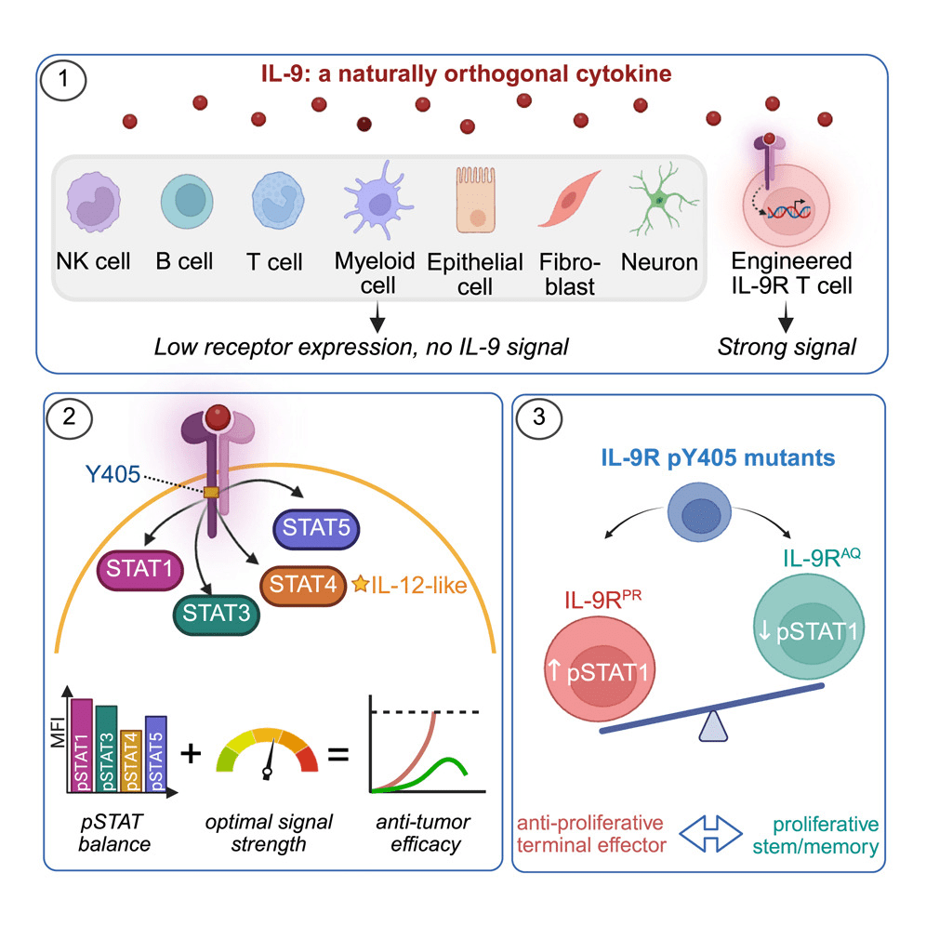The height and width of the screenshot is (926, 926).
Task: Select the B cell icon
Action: pyautogui.click(x=189, y=203)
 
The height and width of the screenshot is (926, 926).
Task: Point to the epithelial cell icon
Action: pyautogui.click(x=474, y=199)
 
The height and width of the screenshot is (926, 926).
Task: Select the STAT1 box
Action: pyautogui.click(x=138, y=567)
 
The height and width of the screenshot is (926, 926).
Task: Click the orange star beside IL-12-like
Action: pyautogui.click(x=359, y=584)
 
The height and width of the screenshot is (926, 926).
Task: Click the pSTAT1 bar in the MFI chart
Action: pyautogui.click(x=81, y=745)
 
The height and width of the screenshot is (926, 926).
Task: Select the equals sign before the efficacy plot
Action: pyautogui.click(x=338, y=751)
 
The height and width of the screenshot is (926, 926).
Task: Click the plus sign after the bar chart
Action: pyautogui.click(x=190, y=751)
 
